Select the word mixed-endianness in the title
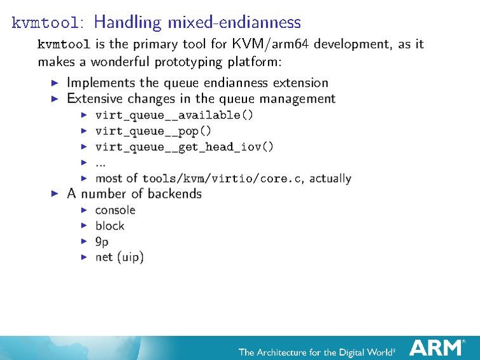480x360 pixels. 234,23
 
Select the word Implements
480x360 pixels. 102,83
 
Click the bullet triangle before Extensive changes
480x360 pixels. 55,99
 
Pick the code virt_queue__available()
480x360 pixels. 174,115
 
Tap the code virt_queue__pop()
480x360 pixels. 153,131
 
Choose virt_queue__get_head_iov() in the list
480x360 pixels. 185,147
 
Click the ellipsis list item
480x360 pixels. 100,163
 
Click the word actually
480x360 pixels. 330,179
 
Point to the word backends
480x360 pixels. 172,194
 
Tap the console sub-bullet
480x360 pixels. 115,210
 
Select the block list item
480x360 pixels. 109,226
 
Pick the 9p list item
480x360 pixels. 102,242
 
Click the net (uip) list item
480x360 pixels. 120,258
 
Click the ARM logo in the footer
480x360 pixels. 436,347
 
